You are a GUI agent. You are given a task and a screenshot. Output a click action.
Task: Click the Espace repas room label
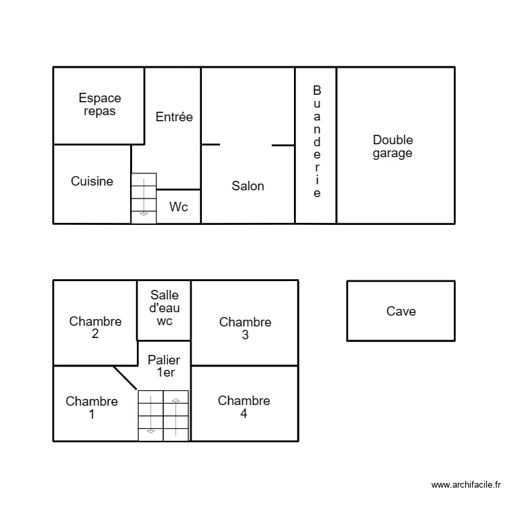click(x=100, y=105)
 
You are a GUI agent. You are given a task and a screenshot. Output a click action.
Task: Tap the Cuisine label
click(x=92, y=182)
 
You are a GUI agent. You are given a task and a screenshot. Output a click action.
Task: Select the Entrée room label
click(x=174, y=117)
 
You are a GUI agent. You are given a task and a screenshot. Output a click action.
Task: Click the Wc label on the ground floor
click(x=179, y=207)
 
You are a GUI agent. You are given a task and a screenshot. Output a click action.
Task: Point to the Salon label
click(x=248, y=186)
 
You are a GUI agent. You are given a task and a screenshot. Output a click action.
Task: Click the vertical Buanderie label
click(x=316, y=142)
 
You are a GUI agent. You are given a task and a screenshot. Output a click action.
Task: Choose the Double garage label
click(x=393, y=147)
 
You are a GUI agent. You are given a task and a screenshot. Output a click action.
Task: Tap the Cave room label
click(x=401, y=312)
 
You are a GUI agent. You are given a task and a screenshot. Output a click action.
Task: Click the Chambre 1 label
click(x=91, y=408)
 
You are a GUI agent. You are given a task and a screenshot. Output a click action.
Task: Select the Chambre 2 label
click(x=96, y=328)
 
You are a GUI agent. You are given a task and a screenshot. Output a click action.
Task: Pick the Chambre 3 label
click(x=245, y=329)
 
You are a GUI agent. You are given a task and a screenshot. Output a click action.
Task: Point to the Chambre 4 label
click(x=244, y=407)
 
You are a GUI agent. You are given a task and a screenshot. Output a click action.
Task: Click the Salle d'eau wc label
click(x=165, y=308)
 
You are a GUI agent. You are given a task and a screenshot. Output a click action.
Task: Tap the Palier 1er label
click(x=164, y=366)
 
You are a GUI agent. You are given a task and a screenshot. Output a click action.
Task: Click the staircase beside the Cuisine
click(x=144, y=198)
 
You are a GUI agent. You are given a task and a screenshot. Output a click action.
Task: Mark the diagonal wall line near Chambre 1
click(x=125, y=379)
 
